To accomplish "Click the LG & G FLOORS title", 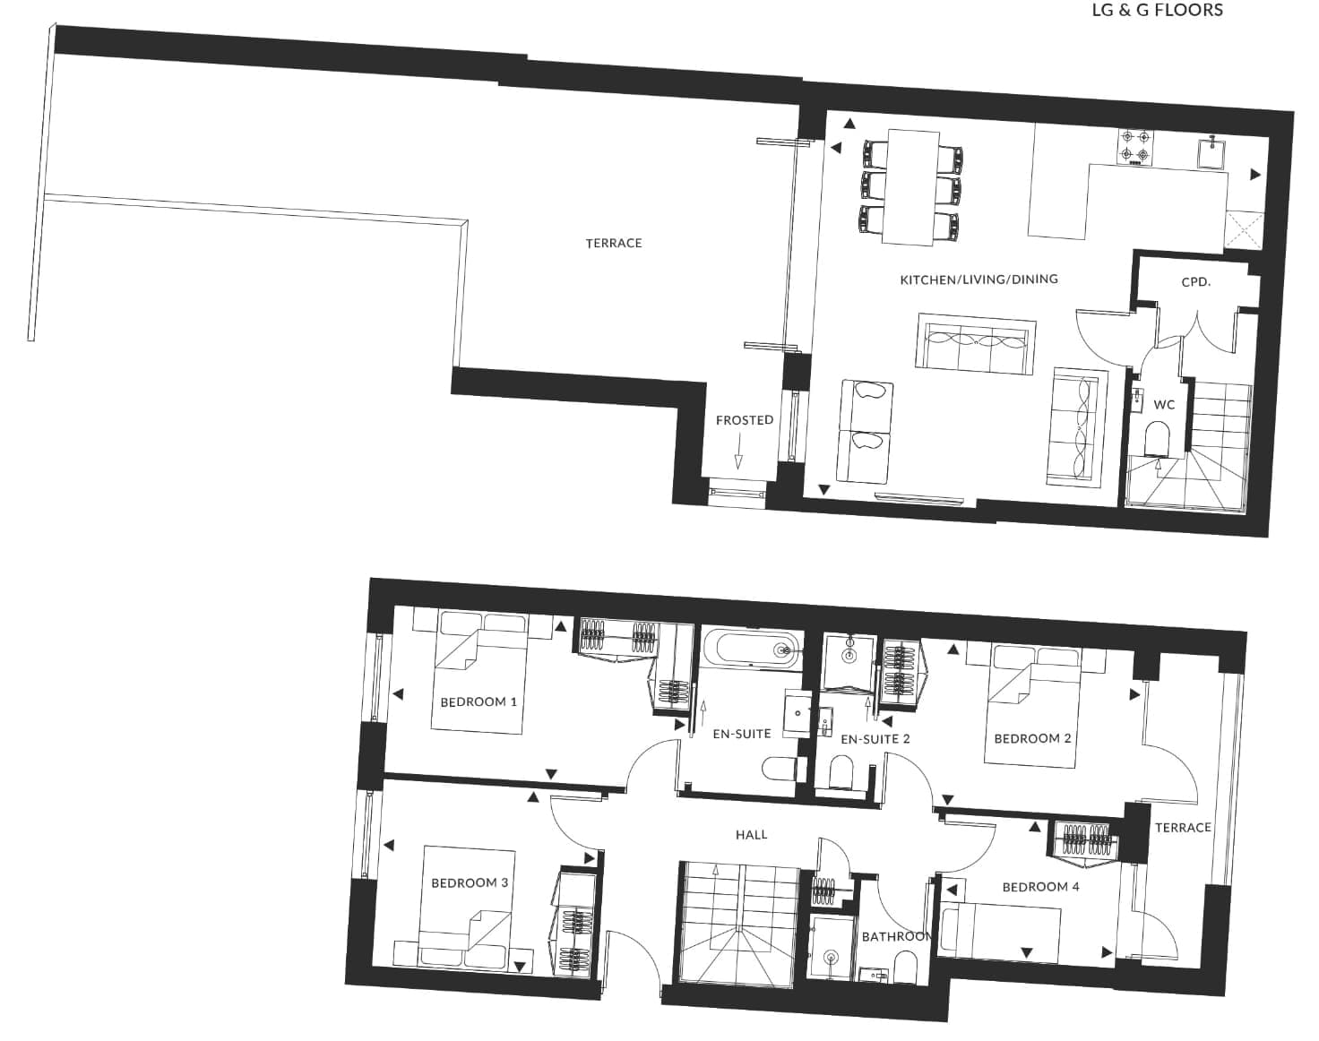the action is (x=1157, y=10).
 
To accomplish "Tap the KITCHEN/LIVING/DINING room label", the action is (x=978, y=280).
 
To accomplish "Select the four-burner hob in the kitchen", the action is (x=1134, y=147).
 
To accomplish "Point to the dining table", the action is (x=910, y=187).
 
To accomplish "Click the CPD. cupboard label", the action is (x=1196, y=282).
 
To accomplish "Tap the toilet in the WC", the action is (x=1157, y=438).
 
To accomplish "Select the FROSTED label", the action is (x=744, y=420).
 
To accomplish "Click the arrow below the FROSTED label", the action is (x=738, y=451).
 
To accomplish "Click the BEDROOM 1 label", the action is (x=478, y=702).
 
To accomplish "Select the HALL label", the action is (x=751, y=835).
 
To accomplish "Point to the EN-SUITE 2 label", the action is (x=875, y=740).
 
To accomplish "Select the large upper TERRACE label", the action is (x=614, y=244).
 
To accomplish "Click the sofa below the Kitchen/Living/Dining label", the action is (x=975, y=343).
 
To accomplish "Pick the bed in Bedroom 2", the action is (x=1032, y=705).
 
